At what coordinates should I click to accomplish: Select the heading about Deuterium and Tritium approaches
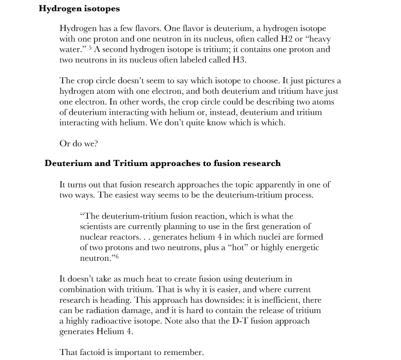click(162, 163)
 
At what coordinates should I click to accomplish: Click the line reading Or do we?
click(79, 143)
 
